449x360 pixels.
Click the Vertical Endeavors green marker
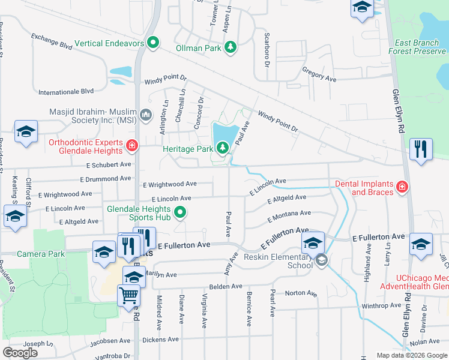point(153,43)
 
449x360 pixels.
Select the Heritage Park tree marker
point(223,148)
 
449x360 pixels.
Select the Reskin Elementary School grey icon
point(322,260)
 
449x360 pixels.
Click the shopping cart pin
point(129,295)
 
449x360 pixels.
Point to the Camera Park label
point(40,254)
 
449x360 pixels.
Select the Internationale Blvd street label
point(66,91)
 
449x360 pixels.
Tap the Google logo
point(20,353)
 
